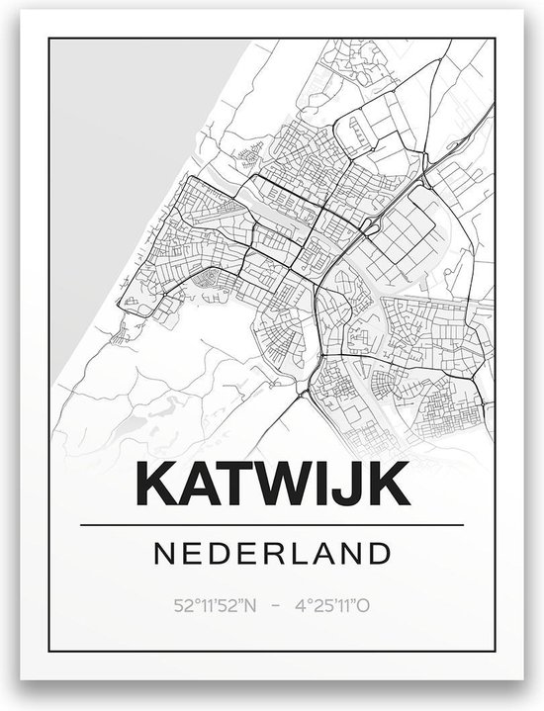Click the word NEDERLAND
(270, 551)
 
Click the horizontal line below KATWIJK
(270, 523)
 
